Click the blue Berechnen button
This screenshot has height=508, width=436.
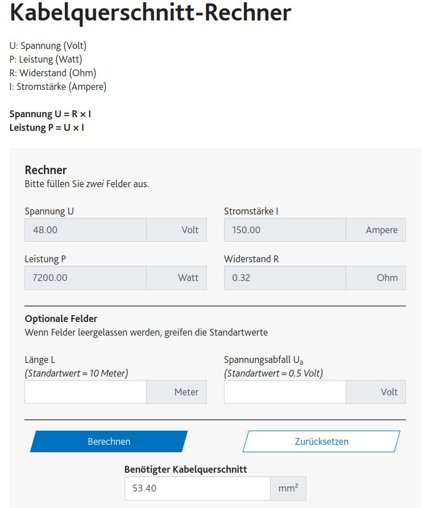[109, 441]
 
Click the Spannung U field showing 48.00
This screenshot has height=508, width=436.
[85, 230]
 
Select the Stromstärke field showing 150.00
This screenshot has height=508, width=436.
[284, 230]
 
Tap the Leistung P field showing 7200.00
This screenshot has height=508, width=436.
[85, 278]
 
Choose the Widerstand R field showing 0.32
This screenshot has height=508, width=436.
[284, 278]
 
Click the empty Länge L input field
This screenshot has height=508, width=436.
[85, 392]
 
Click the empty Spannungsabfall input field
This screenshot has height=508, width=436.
[284, 392]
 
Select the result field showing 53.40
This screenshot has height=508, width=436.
[197, 488]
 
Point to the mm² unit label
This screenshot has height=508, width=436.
[288, 488]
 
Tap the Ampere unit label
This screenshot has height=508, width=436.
[381, 230]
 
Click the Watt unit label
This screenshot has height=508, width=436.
[188, 278]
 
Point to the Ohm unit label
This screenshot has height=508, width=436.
[387, 278]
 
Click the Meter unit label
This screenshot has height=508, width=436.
[186, 392]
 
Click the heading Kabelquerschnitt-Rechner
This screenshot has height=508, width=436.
[151, 13]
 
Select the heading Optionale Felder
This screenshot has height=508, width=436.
[61, 319]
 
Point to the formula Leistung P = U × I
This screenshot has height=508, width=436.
[47, 127]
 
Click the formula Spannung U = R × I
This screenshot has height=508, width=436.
[50, 114]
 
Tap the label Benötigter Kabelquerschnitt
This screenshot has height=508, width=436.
[185, 469]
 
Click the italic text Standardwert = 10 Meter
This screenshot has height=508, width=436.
[76, 373]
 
